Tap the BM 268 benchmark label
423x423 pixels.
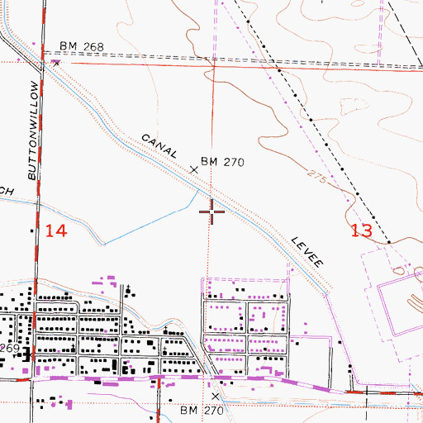tap(82, 47)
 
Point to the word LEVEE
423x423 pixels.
tap(307, 250)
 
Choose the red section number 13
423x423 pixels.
tap(361, 231)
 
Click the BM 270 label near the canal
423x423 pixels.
tap(224, 163)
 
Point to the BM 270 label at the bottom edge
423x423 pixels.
tap(202, 410)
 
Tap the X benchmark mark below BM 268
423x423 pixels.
tap(56, 61)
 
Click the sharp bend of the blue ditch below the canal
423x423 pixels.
tap(103, 244)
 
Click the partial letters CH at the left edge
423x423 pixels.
tap(7, 191)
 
